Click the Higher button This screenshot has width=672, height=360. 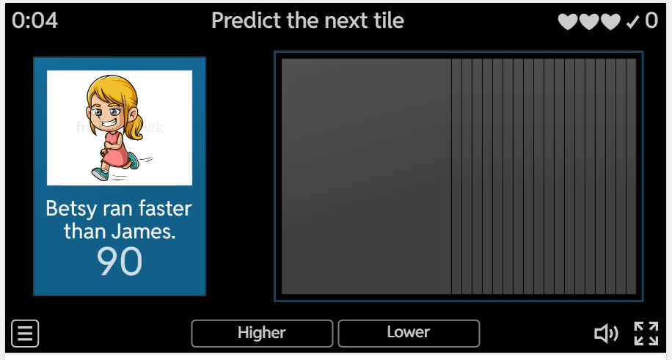[x=262, y=333]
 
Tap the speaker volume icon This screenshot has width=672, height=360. [x=606, y=334]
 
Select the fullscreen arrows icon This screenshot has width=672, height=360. [x=646, y=334]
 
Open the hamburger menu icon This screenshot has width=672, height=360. [x=25, y=333]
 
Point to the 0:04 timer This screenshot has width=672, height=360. [x=34, y=20]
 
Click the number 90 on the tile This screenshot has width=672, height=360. [x=119, y=262]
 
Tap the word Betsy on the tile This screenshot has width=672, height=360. [x=71, y=209]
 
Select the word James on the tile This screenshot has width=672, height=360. [x=143, y=232]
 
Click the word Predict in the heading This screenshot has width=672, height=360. [x=246, y=20]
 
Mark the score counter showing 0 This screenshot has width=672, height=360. [x=651, y=20]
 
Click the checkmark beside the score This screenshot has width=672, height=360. [x=632, y=21]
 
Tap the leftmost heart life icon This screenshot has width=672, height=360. [x=568, y=21]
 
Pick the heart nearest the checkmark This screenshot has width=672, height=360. [x=610, y=21]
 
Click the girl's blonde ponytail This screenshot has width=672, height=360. [x=136, y=125]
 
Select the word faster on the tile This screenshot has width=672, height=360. [x=165, y=209]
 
